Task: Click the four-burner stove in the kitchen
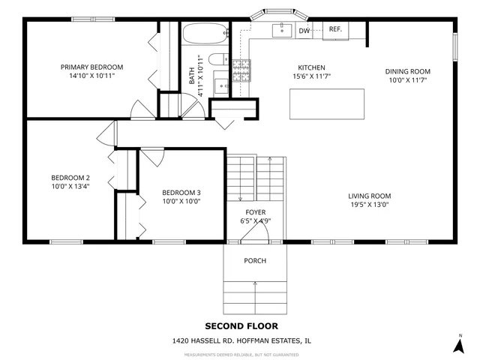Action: pyautogui.click(x=240, y=70)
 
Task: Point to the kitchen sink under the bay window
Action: pyautogui.click(x=283, y=29)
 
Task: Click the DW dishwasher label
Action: pyautogui.click(x=304, y=31)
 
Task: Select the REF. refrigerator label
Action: pyautogui.click(x=334, y=29)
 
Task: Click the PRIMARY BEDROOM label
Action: pyautogui.click(x=91, y=67)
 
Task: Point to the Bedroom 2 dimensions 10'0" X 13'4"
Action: pyautogui.click(x=70, y=187)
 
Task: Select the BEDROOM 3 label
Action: pyautogui.click(x=181, y=192)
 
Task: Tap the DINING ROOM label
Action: pyautogui.click(x=408, y=71)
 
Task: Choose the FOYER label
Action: pyautogui.click(x=255, y=212)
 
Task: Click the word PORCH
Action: pyautogui.click(x=255, y=260)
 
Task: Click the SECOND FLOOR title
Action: pyautogui.click(x=241, y=326)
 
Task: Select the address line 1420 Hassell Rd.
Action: pyautogui.click(x=241, y=340)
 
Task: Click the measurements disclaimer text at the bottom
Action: pyautogui.click(x=241, y=353)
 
